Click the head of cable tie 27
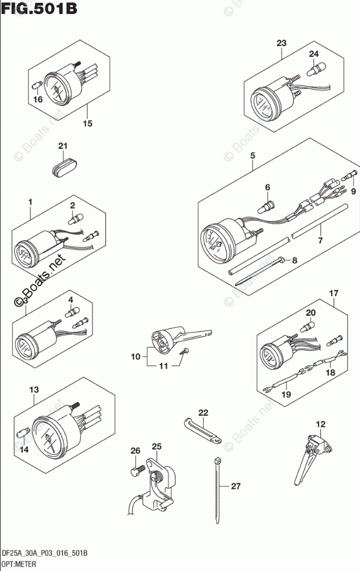(x=218, y=461)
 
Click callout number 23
(x=281, y=43)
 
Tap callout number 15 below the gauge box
(x=87, y=123)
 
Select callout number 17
(x=333, y=293)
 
